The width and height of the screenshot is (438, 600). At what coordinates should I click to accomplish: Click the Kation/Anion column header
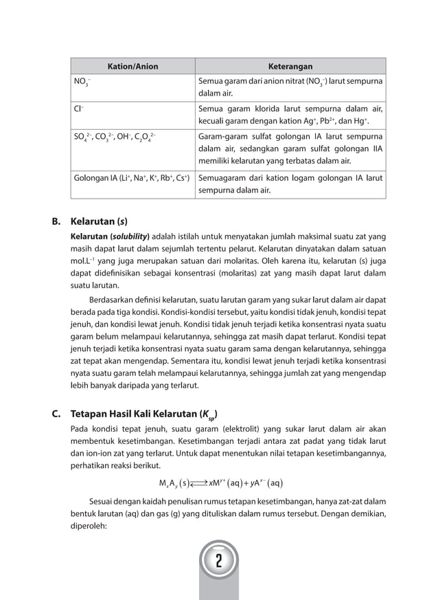(x=132, y=67)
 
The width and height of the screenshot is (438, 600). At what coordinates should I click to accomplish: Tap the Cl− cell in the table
(x=79, y=109)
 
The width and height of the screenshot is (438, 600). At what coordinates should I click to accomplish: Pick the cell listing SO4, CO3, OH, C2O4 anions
(x=114, y=136)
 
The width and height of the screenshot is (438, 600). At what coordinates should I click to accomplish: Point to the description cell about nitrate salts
(x=290, y=87)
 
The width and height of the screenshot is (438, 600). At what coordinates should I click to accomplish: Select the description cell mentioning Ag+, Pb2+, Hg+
(x=290, y=115)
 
